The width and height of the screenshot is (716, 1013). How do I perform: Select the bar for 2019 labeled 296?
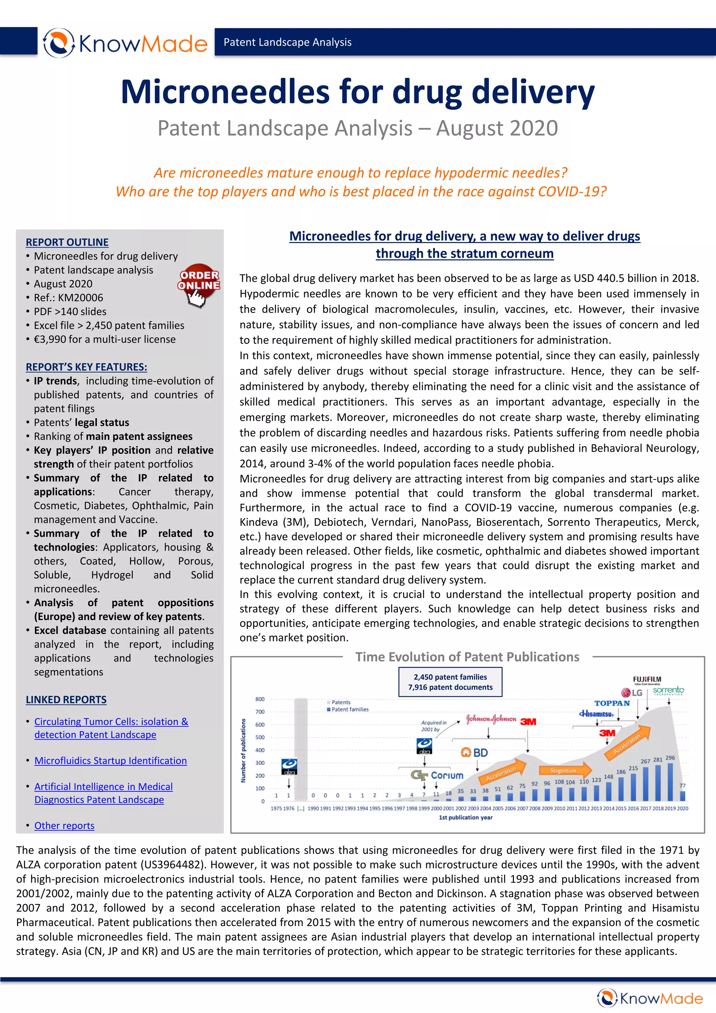[x=670, y=782]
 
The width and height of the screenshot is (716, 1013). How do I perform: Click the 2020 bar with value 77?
[x=682, y=796]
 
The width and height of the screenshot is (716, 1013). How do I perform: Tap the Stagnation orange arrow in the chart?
[x=565, y=770]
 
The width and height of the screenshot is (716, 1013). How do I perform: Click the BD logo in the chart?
[x=474, y=753]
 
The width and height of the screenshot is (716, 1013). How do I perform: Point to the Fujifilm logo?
[x=647, y=680]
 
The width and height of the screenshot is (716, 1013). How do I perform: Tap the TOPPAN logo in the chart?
[x=612, y=703]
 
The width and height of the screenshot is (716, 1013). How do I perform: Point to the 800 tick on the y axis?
[x=260, y=699]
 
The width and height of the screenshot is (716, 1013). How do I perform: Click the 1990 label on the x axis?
[x=313, y=808]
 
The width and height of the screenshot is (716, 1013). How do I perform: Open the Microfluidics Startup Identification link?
[x=110, y=761]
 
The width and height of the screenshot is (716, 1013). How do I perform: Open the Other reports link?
[x=64, y=826]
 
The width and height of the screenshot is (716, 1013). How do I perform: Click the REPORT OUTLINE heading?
[x=67, y=242]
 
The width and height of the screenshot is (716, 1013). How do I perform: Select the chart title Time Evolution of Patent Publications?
[x=467, y=657]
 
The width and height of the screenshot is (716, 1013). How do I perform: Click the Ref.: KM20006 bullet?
[x=69, y=298]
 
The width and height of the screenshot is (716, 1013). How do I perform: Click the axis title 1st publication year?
[x=465, y=818]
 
